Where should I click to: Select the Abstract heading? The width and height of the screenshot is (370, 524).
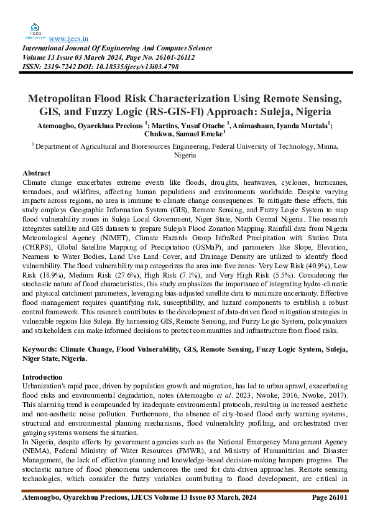tap(36, 172)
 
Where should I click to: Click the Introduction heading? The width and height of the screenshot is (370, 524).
tap(42, 377)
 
